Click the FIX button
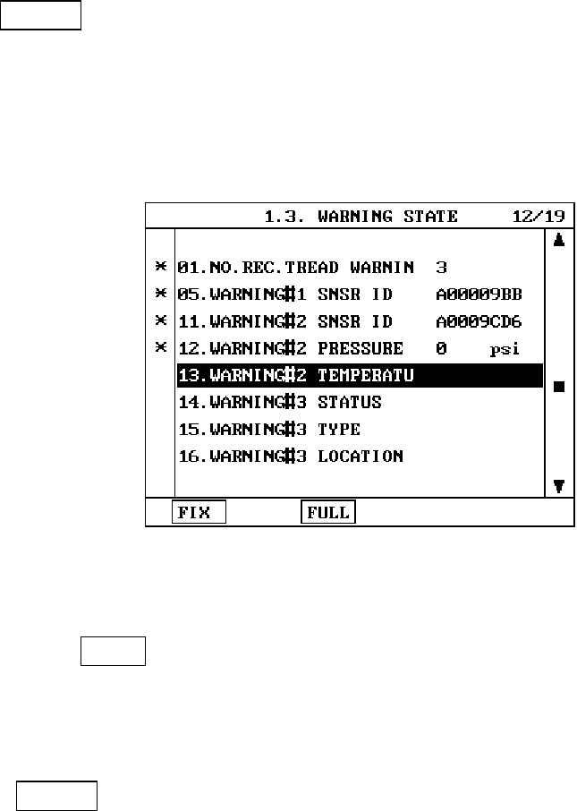[199, 512]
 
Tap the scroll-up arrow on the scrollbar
[559, 241]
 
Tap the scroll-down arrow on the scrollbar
[559, 486]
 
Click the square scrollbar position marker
[559, 387]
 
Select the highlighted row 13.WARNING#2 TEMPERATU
[359, 376]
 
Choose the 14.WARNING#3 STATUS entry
[279, 403]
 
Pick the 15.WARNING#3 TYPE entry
[268, 430]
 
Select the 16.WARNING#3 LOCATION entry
[290, 457]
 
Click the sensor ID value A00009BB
[479, 295]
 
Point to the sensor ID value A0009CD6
[479, 321]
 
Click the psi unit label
[505, 349]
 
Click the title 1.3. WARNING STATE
[361, 217]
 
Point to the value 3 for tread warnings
[441, 268]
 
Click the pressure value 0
[441, 348]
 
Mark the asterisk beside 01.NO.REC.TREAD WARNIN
[161, 267]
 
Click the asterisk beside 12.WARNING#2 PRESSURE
[161, 347]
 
